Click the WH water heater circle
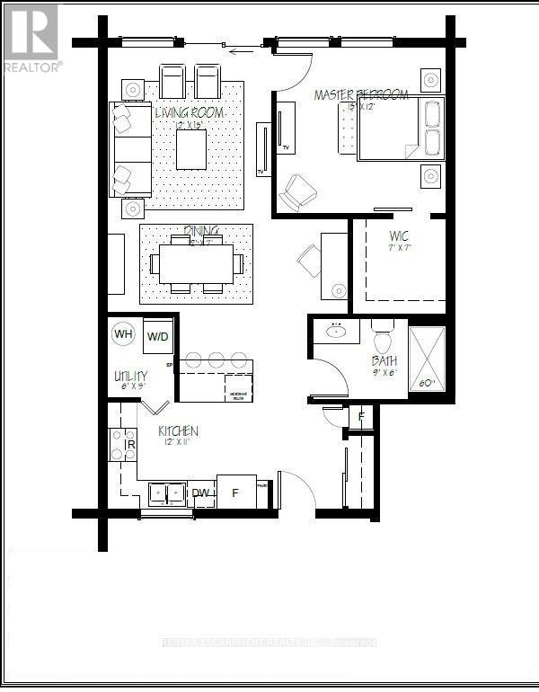(124, 335)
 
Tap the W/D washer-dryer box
(158, 336)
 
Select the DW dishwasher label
(201, 492)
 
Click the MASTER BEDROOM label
(361, 95)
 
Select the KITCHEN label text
(178, 431)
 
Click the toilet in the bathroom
(381, 341)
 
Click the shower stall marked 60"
(427, 357)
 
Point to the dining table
(197, 263)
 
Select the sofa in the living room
(129, 149)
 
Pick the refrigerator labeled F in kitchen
(236, 492)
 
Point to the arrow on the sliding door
(239, 51)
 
